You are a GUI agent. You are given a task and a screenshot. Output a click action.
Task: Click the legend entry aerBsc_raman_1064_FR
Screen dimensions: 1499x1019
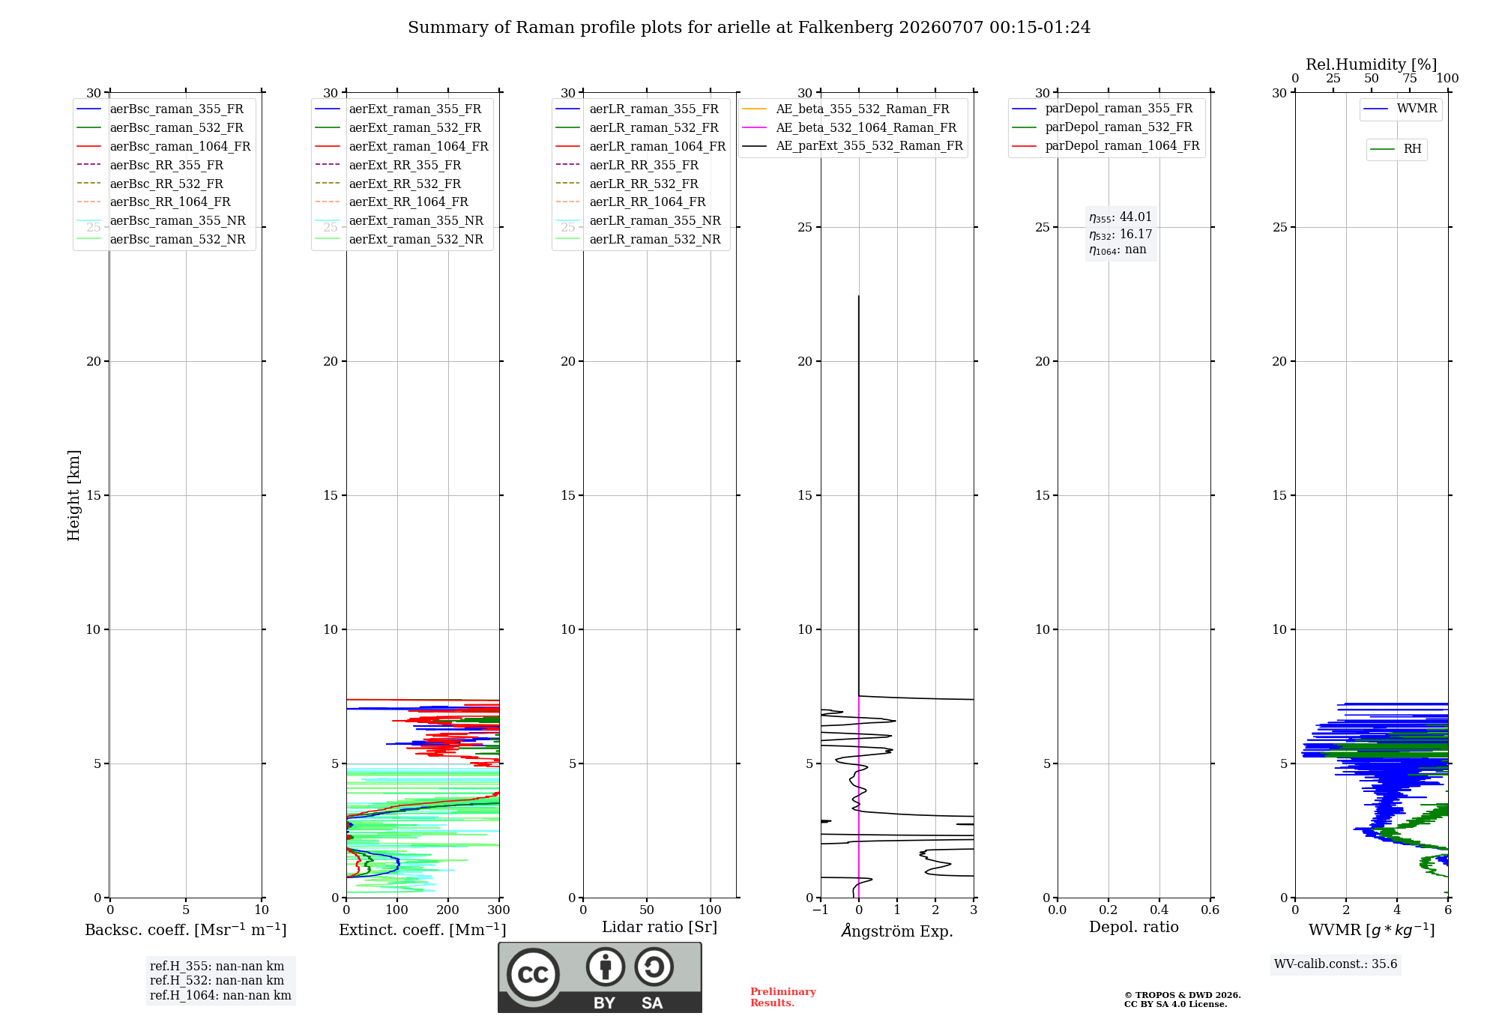tap(163, 146)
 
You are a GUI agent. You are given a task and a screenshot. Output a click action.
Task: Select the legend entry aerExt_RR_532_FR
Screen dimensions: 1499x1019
tap(388, 184)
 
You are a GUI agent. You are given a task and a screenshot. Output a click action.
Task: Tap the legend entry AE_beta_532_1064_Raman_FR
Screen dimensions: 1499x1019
tap(849, 127)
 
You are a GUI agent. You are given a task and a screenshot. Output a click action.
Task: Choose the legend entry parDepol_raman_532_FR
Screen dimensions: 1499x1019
tap(1102, 127)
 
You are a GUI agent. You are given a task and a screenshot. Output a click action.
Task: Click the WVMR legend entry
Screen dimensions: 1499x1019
tap(1400, 109)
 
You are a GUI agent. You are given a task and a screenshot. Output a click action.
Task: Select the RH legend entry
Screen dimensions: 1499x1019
tap(1396, 149)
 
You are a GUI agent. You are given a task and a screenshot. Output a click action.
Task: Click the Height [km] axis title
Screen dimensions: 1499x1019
tap(73, 495)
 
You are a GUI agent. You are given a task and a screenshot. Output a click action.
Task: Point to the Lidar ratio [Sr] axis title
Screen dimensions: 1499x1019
tap(660, 927)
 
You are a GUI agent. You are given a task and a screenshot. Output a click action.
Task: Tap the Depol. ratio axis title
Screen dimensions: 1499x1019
tap(1134, 927)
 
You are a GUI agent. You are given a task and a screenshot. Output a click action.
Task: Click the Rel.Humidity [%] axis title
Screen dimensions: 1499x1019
tap(1372, 64)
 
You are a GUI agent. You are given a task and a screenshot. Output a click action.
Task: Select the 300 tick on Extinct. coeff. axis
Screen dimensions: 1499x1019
tap(499, 910)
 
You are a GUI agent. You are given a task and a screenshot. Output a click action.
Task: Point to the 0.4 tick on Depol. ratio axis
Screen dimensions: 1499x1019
tap(1159, 910)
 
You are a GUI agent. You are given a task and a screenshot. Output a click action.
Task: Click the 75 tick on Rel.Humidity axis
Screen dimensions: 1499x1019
tap(1410, 78)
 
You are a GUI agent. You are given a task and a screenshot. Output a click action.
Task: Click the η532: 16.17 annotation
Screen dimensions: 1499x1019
tap(1121, 235)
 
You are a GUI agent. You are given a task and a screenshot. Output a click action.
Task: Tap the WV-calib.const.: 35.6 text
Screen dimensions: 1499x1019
tap(1336, 964)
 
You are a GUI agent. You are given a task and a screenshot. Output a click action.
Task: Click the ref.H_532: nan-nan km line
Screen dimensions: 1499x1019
tap(217, 981)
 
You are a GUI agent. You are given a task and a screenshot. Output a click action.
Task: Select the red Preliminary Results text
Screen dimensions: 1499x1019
tap(783, 997)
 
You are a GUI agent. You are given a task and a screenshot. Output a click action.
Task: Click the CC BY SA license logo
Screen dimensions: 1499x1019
tap(600, 977)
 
